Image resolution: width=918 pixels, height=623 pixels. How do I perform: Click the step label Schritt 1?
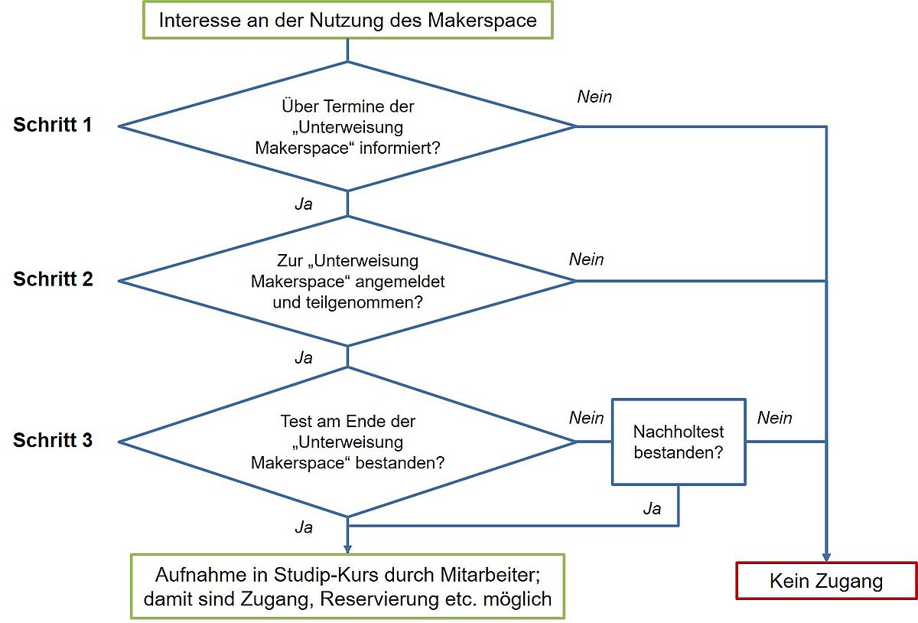coord(53,125)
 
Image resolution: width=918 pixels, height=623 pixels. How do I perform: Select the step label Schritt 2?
coord(53,279)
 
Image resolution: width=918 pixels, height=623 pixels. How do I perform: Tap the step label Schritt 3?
coord(53,439)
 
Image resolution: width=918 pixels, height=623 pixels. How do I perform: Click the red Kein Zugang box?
coord(826,581)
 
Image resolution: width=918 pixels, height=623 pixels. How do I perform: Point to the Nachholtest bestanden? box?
coord(679,442)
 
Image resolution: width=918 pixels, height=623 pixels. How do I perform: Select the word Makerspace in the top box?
coord(482,21)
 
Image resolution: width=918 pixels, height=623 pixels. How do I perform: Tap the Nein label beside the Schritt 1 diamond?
coord(594,96)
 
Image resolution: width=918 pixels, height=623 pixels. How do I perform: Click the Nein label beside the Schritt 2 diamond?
coord(586,259)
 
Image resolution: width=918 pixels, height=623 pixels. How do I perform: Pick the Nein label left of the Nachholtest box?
coord(586,418)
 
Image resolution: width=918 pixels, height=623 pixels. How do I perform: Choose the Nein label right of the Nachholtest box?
coord(774,418)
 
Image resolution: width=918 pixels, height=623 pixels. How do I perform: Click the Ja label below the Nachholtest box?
coord(652,508)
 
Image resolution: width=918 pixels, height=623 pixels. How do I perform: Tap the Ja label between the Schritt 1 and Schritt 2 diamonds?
coord(304,204)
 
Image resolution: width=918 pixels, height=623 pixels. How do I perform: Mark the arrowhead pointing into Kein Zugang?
coord(826,557)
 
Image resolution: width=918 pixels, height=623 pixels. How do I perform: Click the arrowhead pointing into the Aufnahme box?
coord(347,550)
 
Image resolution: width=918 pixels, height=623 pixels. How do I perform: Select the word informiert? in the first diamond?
coord(399,148)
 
